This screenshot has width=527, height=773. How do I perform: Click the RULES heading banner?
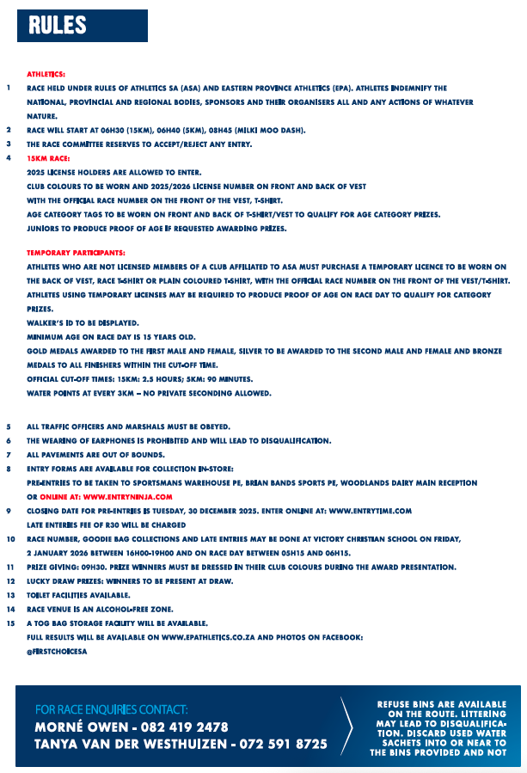coord(83,26)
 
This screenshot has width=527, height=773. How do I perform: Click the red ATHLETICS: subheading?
coord(46,75)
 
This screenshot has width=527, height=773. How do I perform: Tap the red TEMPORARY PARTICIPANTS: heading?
coord(76,254)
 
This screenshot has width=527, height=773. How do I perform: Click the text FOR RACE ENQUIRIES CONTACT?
coord(111,709)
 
